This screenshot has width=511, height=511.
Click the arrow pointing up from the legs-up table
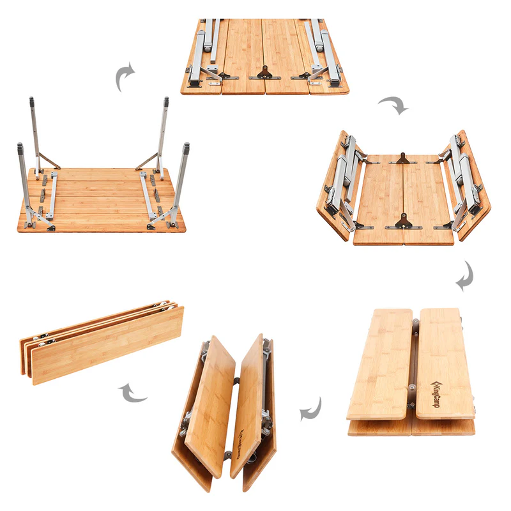(x=125, y=77)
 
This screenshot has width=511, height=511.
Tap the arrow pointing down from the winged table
(x=465, y=275)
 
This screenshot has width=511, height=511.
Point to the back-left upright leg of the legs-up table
(x=34, y=134)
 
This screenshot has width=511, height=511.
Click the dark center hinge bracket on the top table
(x=265, y=73)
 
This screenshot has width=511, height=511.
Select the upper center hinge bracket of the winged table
(x=402, y=157)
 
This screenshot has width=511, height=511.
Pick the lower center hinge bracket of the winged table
(x=402, y=222)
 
